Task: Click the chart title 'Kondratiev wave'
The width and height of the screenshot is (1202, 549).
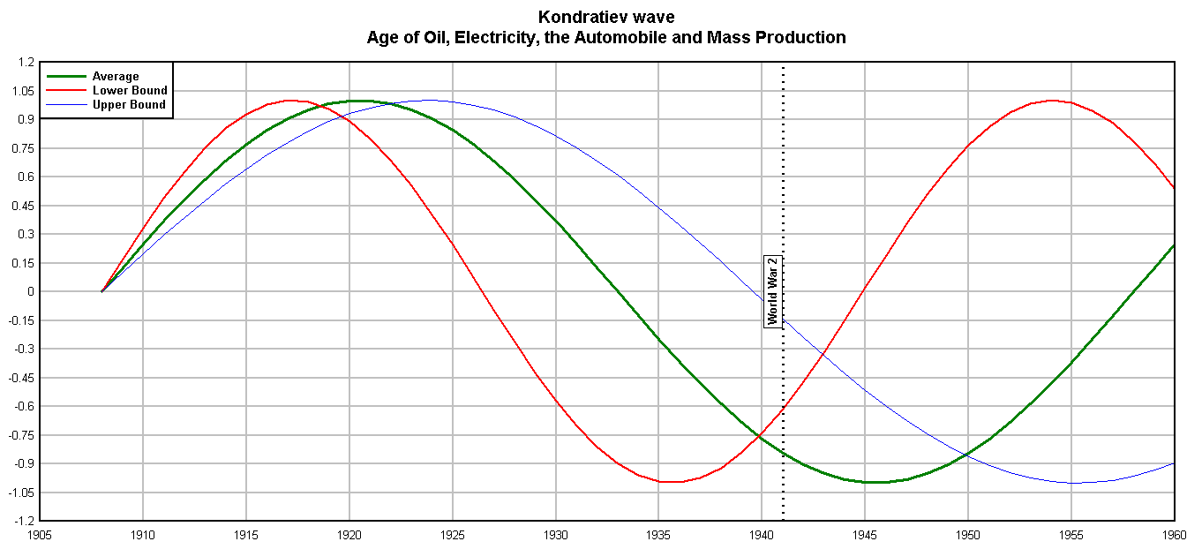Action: [x=605, y=17]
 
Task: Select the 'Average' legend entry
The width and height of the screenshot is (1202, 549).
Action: [x=116, y=77]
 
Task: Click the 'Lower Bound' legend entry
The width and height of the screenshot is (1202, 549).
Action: [x=129, y=90]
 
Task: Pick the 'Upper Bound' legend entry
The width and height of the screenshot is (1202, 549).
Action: [x=129, y=104]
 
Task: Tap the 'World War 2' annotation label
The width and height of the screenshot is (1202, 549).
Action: [x=773, y=291]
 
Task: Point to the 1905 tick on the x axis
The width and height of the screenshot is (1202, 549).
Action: [x=40, y=534]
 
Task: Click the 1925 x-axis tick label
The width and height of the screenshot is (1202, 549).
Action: [x=453, y=534]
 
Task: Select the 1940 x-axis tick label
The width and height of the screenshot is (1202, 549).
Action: [x=762, y=534]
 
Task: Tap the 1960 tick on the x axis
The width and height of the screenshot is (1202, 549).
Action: [x=1174, y=534]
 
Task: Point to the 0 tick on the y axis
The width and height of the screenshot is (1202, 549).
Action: [x=30, y=291]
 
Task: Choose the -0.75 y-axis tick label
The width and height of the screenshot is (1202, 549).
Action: [x=21, y=435]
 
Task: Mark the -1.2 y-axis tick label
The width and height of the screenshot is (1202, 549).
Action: [x=24, y=521]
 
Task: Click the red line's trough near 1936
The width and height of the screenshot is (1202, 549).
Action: [x=672, y=482]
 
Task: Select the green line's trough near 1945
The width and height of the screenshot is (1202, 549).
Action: [x=874, y=482]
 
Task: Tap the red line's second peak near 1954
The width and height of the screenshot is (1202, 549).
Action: [x=1050, y=101]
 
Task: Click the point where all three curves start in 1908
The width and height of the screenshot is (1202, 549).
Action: [x=101, y=291]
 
